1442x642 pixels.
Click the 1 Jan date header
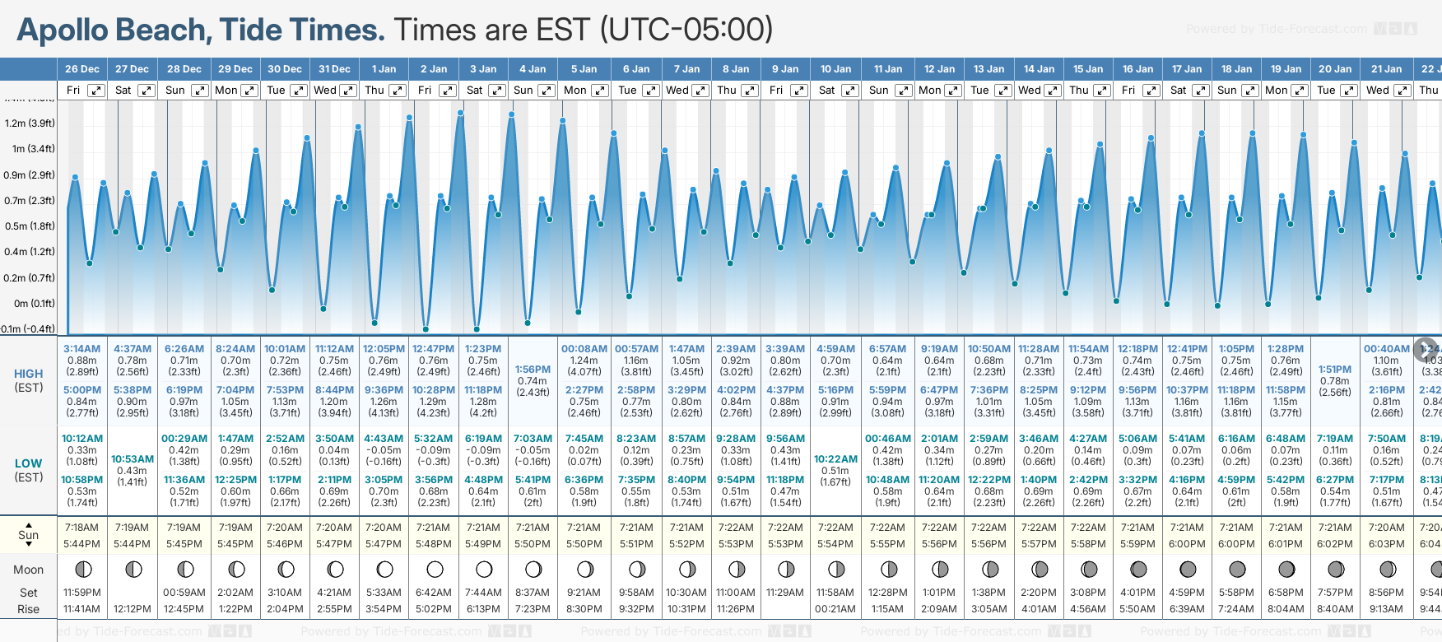pos(384,69)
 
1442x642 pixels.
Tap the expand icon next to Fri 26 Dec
pos(96,91)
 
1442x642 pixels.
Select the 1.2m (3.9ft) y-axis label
pos(30,123)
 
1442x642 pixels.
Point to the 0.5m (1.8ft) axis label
pos(30,226)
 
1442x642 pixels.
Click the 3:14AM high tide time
pos(82,349)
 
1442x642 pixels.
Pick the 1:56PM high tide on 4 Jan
pos(533,370)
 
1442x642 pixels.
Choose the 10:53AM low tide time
pos(133,459)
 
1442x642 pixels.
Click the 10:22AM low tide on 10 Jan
pos(835,459)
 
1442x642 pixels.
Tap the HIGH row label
pos(29,374)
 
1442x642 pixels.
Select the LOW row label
pos(29,463)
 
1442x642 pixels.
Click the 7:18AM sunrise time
pos(81,528)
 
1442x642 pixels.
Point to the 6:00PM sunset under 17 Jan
pos(1187,544)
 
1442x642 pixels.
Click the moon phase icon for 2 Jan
pos(435,569)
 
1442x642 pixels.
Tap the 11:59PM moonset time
pos(81,593)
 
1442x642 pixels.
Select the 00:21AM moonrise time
pos(835,609)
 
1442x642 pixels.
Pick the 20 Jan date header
pos(1335,69)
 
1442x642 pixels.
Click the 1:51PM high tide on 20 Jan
pos(1335,370)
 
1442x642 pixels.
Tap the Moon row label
pos(29,570)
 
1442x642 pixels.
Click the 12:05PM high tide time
pos(384,349)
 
